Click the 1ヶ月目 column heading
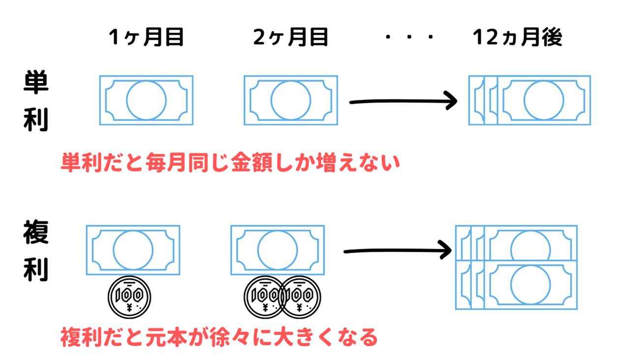[x=146, y=37]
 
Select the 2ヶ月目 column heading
[x=290, y=37]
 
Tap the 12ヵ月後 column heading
[x=517, y=37]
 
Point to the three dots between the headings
[x=409, y=38]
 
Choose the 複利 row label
[x=36, y=251]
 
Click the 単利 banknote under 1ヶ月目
[x=146, y=100]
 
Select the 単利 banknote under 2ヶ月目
[x=290, y=100]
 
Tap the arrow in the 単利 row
[x=403, y=101]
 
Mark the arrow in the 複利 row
[x=397, y=250]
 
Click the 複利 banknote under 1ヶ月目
[x=133, y=250]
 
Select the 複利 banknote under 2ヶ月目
[x=277, y=250]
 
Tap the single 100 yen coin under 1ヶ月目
[x=129, y=298]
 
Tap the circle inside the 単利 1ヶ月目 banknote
[x=146, y=100]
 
